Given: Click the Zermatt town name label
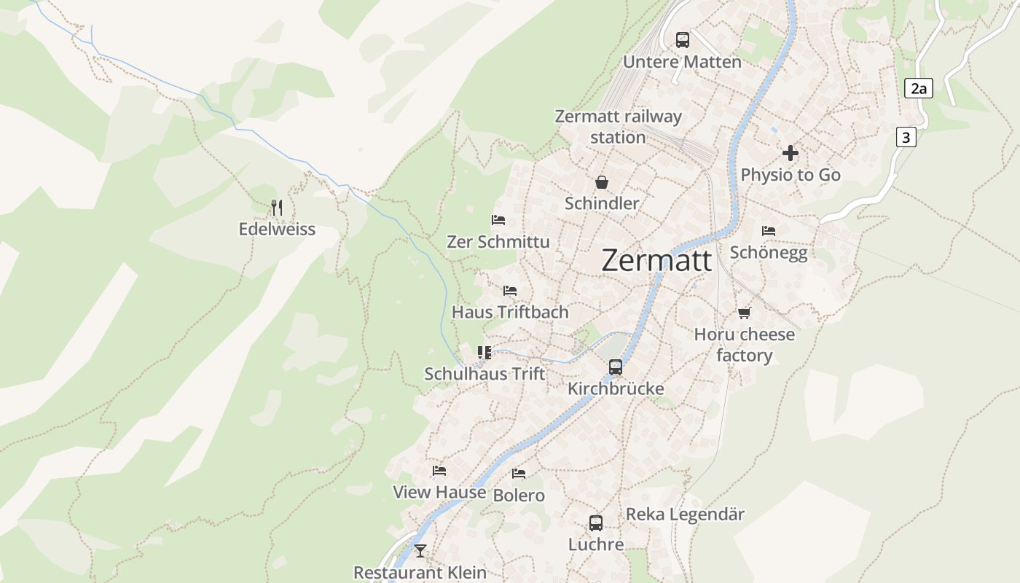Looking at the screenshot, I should [656, 260].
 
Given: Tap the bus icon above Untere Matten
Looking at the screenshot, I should [682, 40].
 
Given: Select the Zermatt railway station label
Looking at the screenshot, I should [618, 127].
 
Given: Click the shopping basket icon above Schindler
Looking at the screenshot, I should [602, 182].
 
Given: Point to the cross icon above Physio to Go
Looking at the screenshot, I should [790, 153].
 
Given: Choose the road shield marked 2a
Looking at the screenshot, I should [918, 89].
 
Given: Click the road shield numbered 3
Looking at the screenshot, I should [906, 137].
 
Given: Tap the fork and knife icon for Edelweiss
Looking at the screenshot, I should [277, 208].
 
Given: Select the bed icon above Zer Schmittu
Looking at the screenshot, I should [498, 220].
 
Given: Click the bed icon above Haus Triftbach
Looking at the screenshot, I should [510, 291].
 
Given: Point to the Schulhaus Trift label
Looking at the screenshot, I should [484, 374].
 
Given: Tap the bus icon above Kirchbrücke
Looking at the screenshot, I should [616, 367].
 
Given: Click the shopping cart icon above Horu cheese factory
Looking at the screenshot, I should [744, 313].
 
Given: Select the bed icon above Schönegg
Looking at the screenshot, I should [769, 231].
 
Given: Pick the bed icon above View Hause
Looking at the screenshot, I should [439, 471].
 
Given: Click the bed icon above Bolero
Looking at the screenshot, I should [519, 474].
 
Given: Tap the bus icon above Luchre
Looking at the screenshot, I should [596, 523].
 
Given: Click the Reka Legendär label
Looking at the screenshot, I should [685, 514].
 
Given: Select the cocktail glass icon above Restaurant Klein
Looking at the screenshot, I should [420, 550].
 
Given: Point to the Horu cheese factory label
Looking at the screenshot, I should [744, 345].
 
